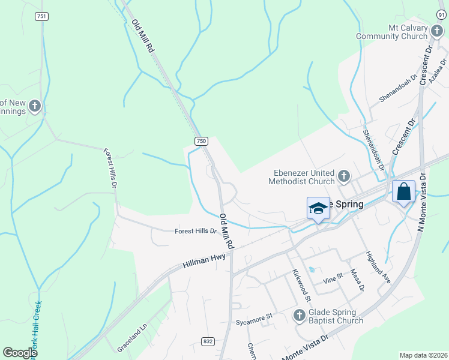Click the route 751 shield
point(41,17)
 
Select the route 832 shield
point(208,341)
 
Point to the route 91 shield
point(442,13)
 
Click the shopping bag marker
point(404,193)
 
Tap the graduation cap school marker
point(318,208)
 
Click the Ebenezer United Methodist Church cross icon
point(344,176)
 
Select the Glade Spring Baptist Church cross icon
point(300,315)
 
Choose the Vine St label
point(332,277)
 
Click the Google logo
point(20,353)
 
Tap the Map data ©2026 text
point(423,355)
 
